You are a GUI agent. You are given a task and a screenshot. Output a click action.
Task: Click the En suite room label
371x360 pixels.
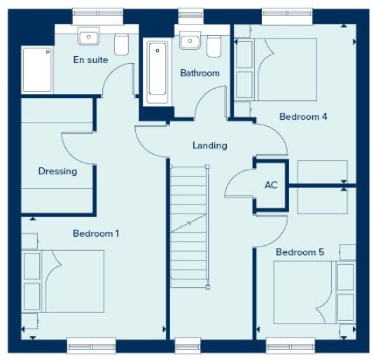click(91, 60)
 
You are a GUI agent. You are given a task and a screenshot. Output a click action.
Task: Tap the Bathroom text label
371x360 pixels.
click(199, 73)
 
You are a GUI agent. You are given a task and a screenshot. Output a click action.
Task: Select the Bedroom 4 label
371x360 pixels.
click(303, 117)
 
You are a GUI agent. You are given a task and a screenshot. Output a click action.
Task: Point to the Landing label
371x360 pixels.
click(210, 146)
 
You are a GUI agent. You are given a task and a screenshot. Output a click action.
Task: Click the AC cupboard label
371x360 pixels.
click(272, 186)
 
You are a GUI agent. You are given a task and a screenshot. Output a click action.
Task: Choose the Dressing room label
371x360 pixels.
click(57, 171)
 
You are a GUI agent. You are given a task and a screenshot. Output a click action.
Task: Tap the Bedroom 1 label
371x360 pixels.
click(96, 233)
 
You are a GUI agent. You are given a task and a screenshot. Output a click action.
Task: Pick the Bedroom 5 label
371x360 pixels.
click(300, 252)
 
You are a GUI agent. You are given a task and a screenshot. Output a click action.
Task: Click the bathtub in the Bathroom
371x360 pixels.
click(157, 72)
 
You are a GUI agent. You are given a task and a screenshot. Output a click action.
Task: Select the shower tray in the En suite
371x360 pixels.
click(36, 69)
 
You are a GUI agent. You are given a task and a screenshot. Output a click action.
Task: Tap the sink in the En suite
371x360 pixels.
click(89, 37)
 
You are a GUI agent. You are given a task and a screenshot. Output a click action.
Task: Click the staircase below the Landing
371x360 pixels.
click(190, 224)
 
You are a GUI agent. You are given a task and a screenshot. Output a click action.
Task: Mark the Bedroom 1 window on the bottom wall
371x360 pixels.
click(91, 343)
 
